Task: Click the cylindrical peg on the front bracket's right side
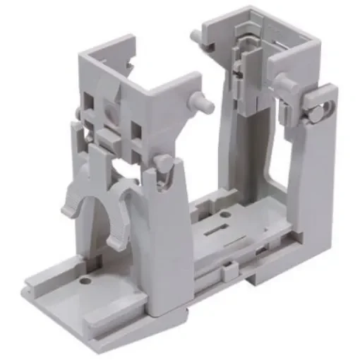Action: [x=203, y=104]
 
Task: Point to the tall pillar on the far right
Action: [x=314, y=184]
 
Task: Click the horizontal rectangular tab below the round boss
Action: [x=110, y=135]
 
